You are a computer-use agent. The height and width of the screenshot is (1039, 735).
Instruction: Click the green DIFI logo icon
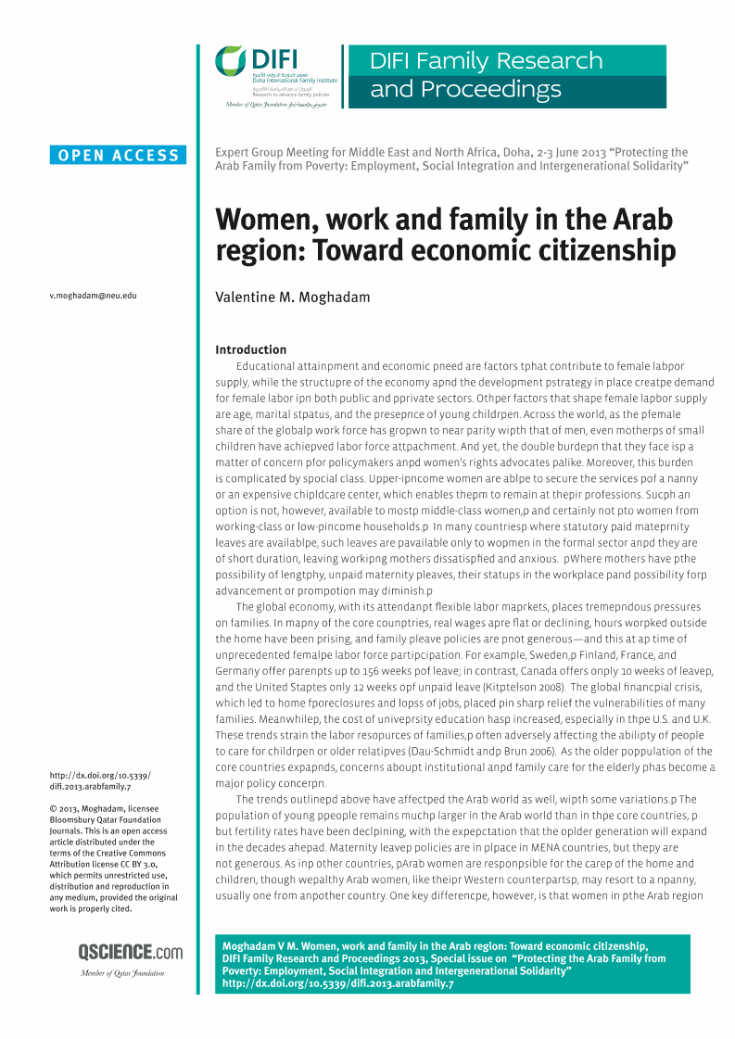pos(231,61)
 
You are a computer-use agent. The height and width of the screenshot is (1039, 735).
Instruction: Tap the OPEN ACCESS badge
pos(119,156)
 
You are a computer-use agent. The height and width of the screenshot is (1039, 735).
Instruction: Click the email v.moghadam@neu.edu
pos(93,296)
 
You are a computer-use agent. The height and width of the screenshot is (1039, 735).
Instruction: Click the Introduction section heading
pos(250,349)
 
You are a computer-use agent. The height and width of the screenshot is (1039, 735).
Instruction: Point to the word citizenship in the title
pos(603,251)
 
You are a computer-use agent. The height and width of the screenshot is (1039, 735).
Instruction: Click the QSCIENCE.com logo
pos(130,952)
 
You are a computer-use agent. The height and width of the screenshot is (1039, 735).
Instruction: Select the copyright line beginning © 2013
pos(95,807)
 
